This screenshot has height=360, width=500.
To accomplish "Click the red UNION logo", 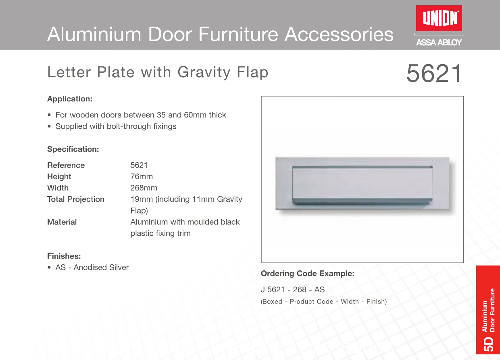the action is click(x=439, y=18).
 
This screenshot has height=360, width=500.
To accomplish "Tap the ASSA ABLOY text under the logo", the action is click(x=439, y=42).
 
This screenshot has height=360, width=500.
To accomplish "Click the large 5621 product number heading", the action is click(x=434, y=73).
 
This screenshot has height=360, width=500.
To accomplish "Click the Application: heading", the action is click(x=70, y=99).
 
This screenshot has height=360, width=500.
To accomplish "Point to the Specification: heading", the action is click(x=73, y=149).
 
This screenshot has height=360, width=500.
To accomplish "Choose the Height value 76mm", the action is click(x=142, y=176).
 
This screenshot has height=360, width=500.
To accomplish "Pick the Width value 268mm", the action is click(x=144, y=188).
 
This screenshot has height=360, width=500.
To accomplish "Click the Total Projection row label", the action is click(x=76, y=199).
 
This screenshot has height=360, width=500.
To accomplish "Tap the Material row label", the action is click(x=62, y=222).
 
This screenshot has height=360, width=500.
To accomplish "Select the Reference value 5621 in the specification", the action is click(x=139, y=165).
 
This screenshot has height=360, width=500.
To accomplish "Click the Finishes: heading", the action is click(x=64, y=256).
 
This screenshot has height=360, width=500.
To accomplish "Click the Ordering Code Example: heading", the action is click(x=308, y=274).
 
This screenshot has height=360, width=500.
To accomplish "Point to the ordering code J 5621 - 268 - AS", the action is click(x=293, y=290).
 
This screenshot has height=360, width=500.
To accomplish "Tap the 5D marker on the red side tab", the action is click(x=488, y=344).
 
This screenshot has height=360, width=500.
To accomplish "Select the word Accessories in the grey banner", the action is click(x=339, y=34).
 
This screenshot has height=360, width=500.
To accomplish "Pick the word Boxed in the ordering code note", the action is click(x=272, y=301).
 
